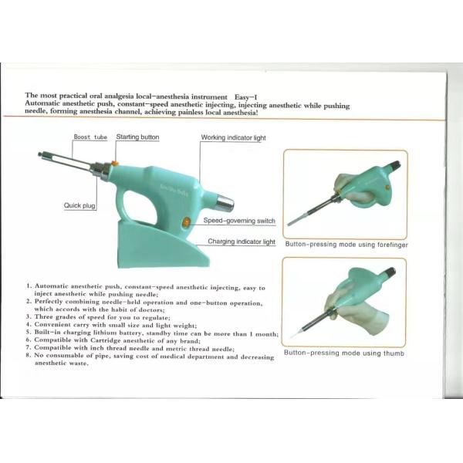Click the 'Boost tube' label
[x=90, y=137]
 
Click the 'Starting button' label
[x=137, y=137]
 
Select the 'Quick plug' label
[x=79, y=205]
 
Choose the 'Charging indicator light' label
[x=242, y=242]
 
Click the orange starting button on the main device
[x=113, y=163]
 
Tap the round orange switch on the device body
[x=186, y=222]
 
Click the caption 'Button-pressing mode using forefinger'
[x=346, y=245]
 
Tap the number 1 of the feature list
[x=29, y=287]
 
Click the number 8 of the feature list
[x=29, y=356]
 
